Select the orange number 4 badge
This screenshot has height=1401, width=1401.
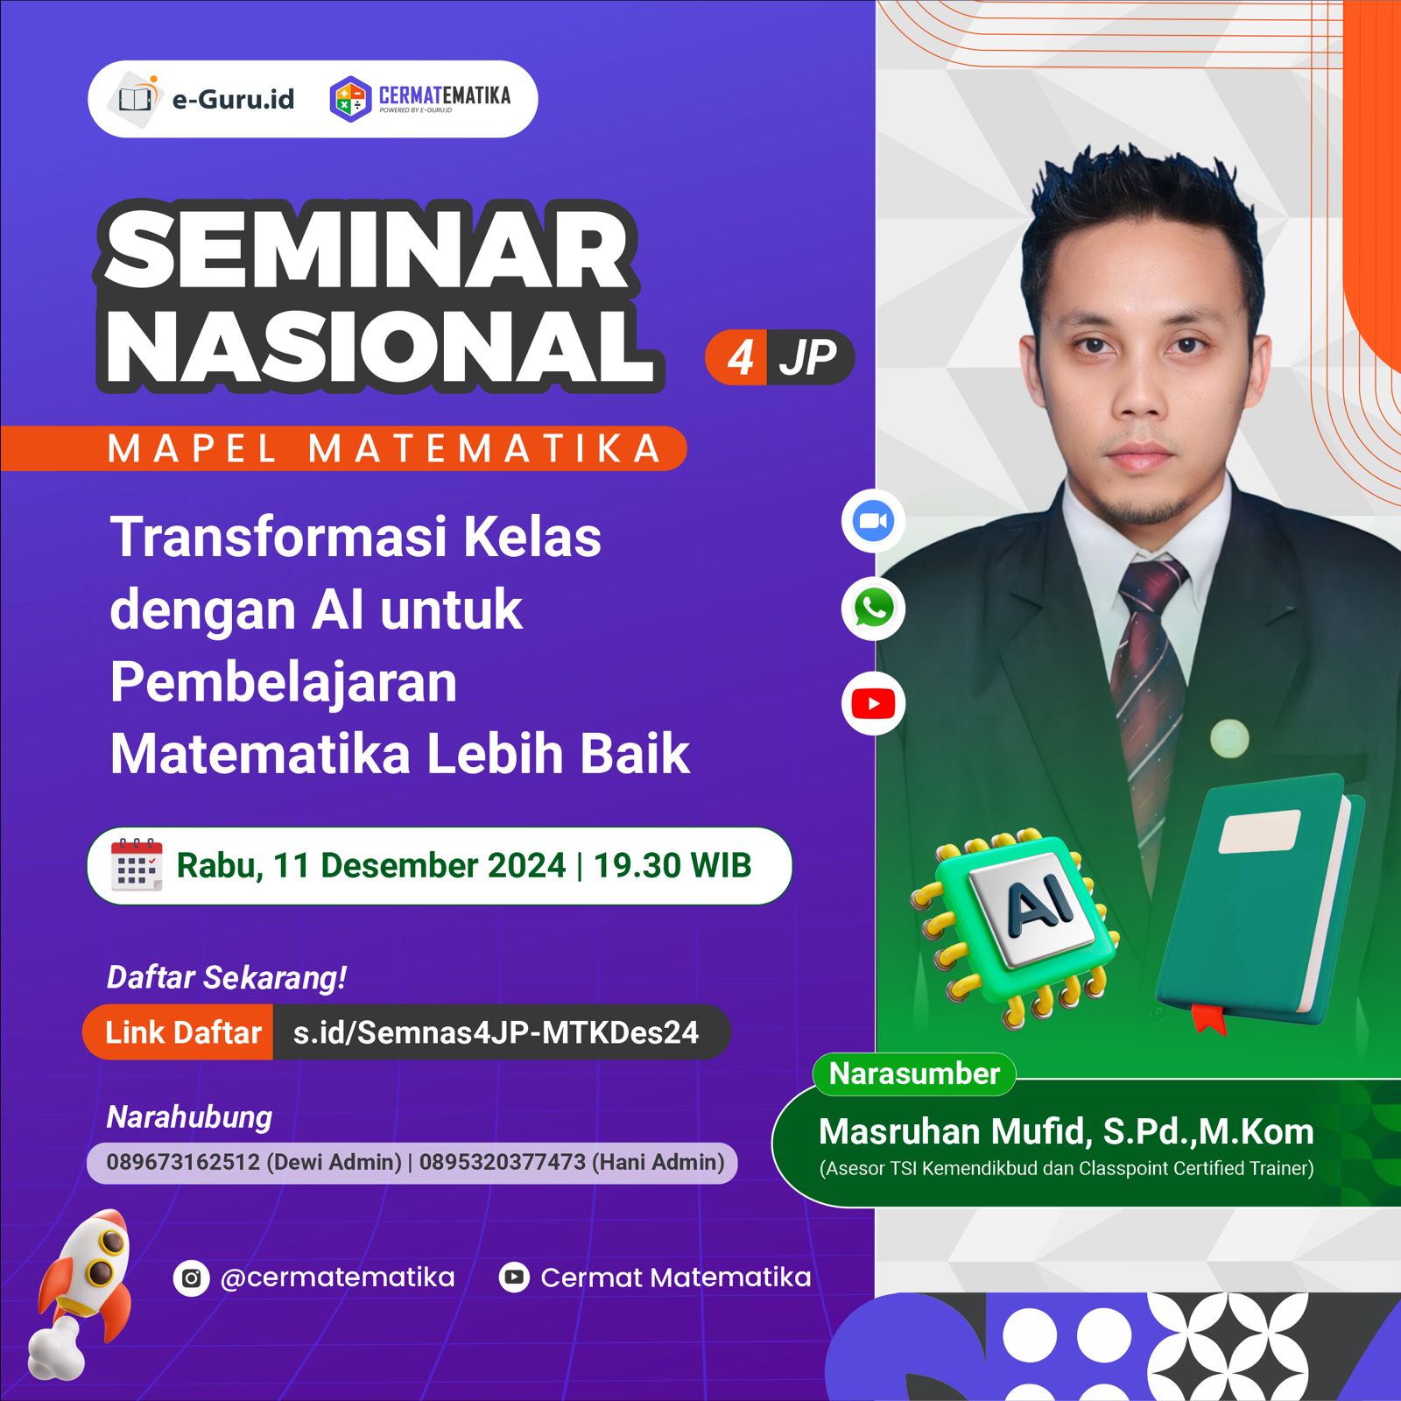[740, 357]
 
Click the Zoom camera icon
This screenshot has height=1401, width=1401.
[873, 522]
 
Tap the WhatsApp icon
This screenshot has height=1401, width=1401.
[873, 609]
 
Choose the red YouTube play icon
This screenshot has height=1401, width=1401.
[873, 703]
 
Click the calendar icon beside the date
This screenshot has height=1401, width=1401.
[137, 865]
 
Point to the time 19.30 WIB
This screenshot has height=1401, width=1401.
[672, 865]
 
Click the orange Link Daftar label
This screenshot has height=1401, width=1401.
[182, 1032]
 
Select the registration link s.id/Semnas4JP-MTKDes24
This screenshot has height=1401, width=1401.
[496, 1032]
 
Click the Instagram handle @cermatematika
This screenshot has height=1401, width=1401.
[337, 1278]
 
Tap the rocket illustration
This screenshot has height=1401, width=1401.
[83, 1287]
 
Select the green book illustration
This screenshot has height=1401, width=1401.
[1261, 902]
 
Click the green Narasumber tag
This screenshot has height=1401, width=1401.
[914, 1074]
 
